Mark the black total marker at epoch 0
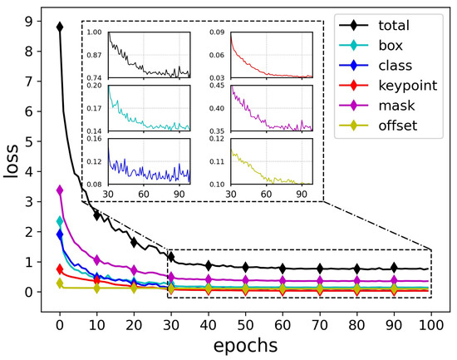pyautogui.click(x=60, y=27)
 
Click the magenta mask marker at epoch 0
pyautogui.click(x=60, y=190)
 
